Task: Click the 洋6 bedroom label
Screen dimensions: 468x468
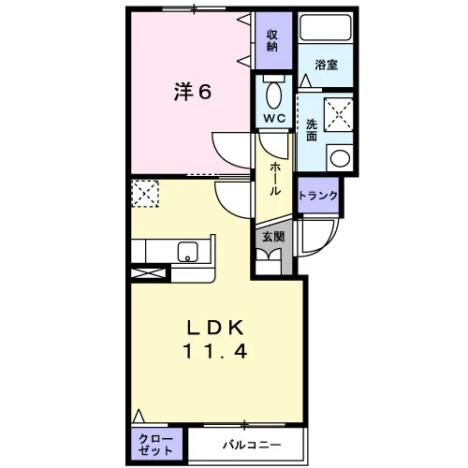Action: tap(193, 92)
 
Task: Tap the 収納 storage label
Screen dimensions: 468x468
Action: tap(272, 40)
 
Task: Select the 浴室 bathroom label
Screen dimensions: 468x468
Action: tap(326, 65)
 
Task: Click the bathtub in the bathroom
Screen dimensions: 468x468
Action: tap(326, 27)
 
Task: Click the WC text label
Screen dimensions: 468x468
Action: tap(274, 118)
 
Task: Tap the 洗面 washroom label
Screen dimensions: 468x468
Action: tap(312, 130)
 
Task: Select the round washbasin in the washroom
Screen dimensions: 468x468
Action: tap(341, 158)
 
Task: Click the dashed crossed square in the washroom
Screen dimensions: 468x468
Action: tap(339, 114)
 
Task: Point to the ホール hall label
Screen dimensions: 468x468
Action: tap(275, 179)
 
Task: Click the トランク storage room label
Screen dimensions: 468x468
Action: tap(318, 196)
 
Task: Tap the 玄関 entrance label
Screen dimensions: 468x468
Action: tap(273, 237)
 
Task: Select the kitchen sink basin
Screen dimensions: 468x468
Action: tap(188, 252)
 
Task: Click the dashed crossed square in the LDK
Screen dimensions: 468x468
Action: tap(145, 194)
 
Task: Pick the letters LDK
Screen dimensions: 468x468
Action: tap(215, 328)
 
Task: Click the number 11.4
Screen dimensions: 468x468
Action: tap(215, 351)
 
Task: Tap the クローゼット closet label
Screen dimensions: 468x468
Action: tap(155, 445)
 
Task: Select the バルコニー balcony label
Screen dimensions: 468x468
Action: tap(252, 445)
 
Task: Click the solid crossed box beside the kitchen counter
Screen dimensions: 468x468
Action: tap(148, 273)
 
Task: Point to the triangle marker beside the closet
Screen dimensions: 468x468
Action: tap(139, 416)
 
